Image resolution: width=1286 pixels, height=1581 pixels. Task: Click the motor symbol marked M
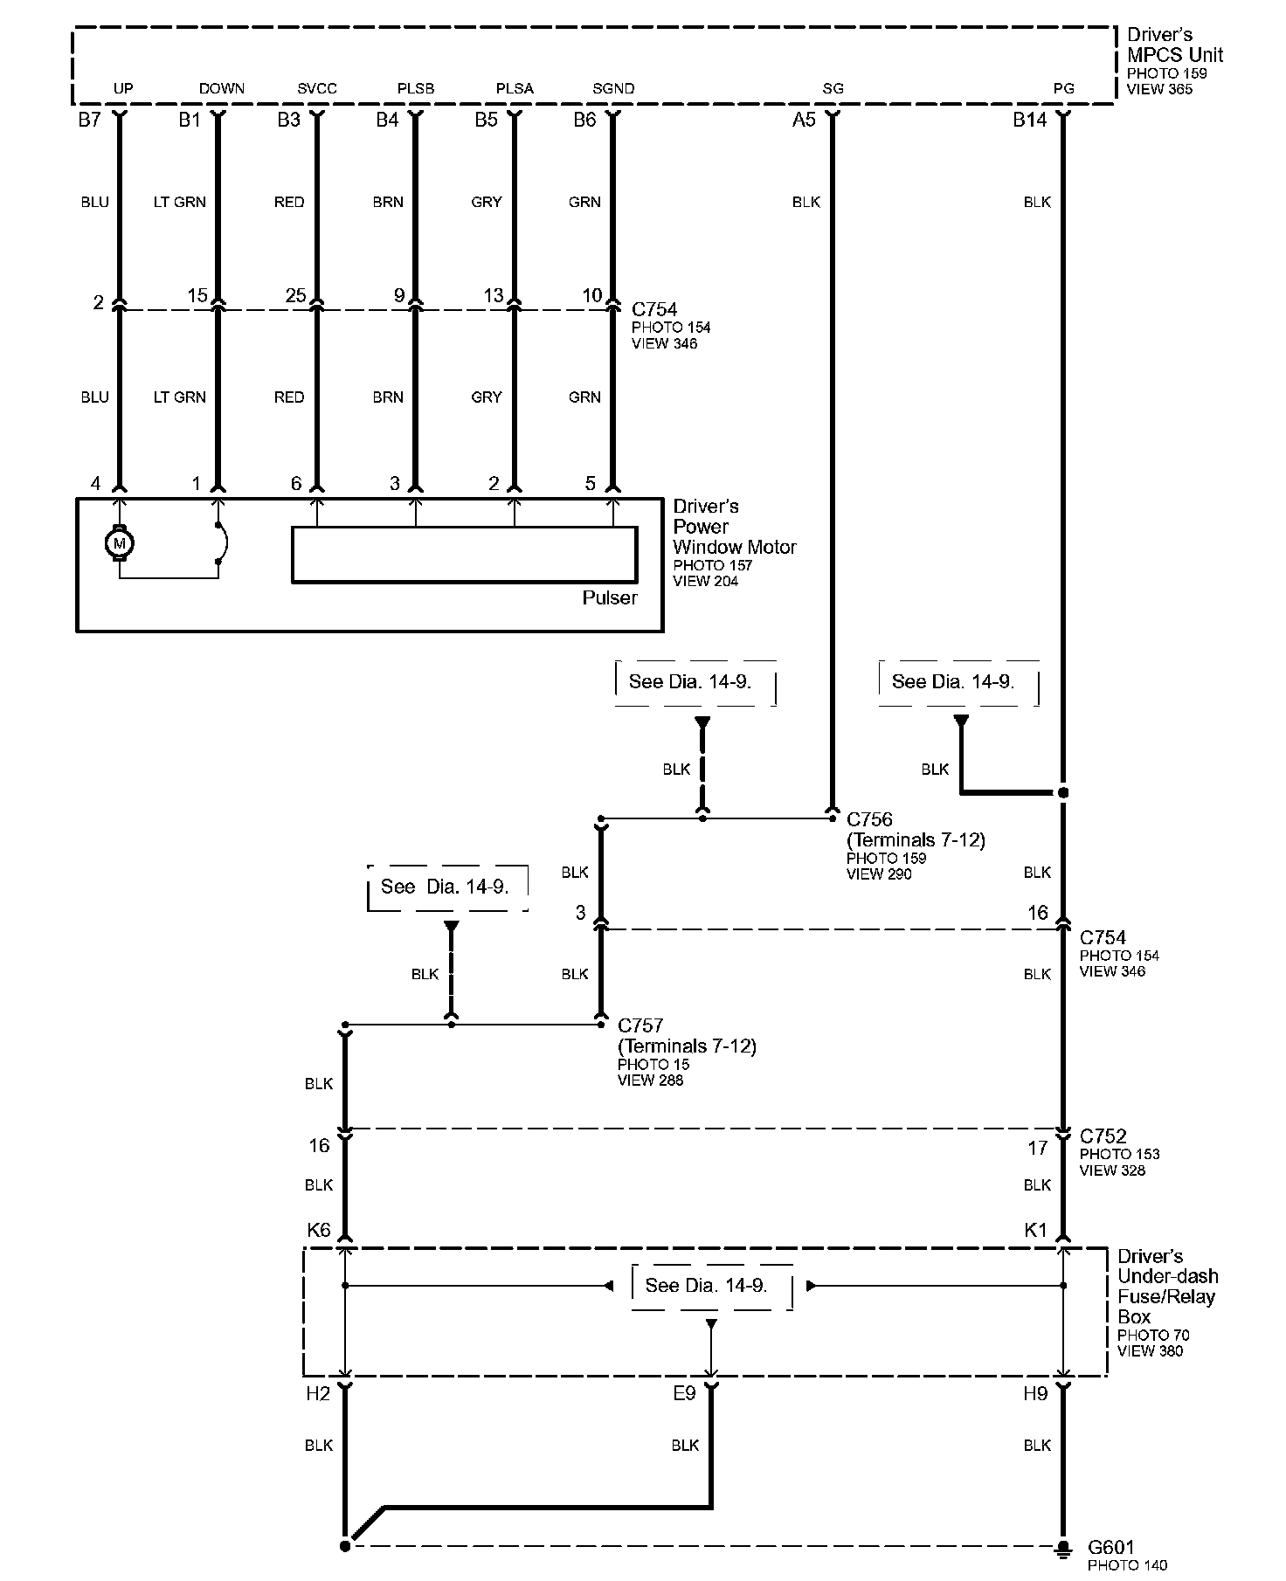(x=120, y=544)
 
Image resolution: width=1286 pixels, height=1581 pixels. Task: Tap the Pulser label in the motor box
(x=610, y=598)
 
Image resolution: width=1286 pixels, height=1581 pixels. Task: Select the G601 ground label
(x=1110, y=1546)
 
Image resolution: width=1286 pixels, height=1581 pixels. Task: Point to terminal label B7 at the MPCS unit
(x=89, y=121)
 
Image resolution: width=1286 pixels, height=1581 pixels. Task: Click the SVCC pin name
(x=316, y=89)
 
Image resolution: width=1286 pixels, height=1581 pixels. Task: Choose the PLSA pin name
(x=515, y=89)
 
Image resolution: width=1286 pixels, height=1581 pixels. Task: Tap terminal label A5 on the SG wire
(x=804, y=121)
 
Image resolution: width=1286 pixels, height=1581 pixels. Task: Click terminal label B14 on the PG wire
(x=1029, y=121)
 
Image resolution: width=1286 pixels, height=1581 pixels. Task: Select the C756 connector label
(x=869, y=819)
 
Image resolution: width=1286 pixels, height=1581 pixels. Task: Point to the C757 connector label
(x=640, y=1025)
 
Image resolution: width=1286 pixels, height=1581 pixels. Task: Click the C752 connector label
(x=1103, y=1136)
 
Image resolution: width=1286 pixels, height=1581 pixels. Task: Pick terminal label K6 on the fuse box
(x=319, y=1230)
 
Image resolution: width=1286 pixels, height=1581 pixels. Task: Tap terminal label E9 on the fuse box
(x=684, y=1394)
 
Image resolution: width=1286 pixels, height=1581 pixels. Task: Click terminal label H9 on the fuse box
(x=1035, y=1394)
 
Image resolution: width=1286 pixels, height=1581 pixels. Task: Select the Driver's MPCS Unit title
(x=1174, y=45)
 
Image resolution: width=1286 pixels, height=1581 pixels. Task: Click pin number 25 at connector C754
(x=295, y=295)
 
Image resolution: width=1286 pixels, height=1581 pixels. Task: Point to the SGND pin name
(x=613, y=89)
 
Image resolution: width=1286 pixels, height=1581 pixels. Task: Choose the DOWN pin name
(x=222, y=89)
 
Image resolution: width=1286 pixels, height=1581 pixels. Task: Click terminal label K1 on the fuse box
(x=1035, y=1230)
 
